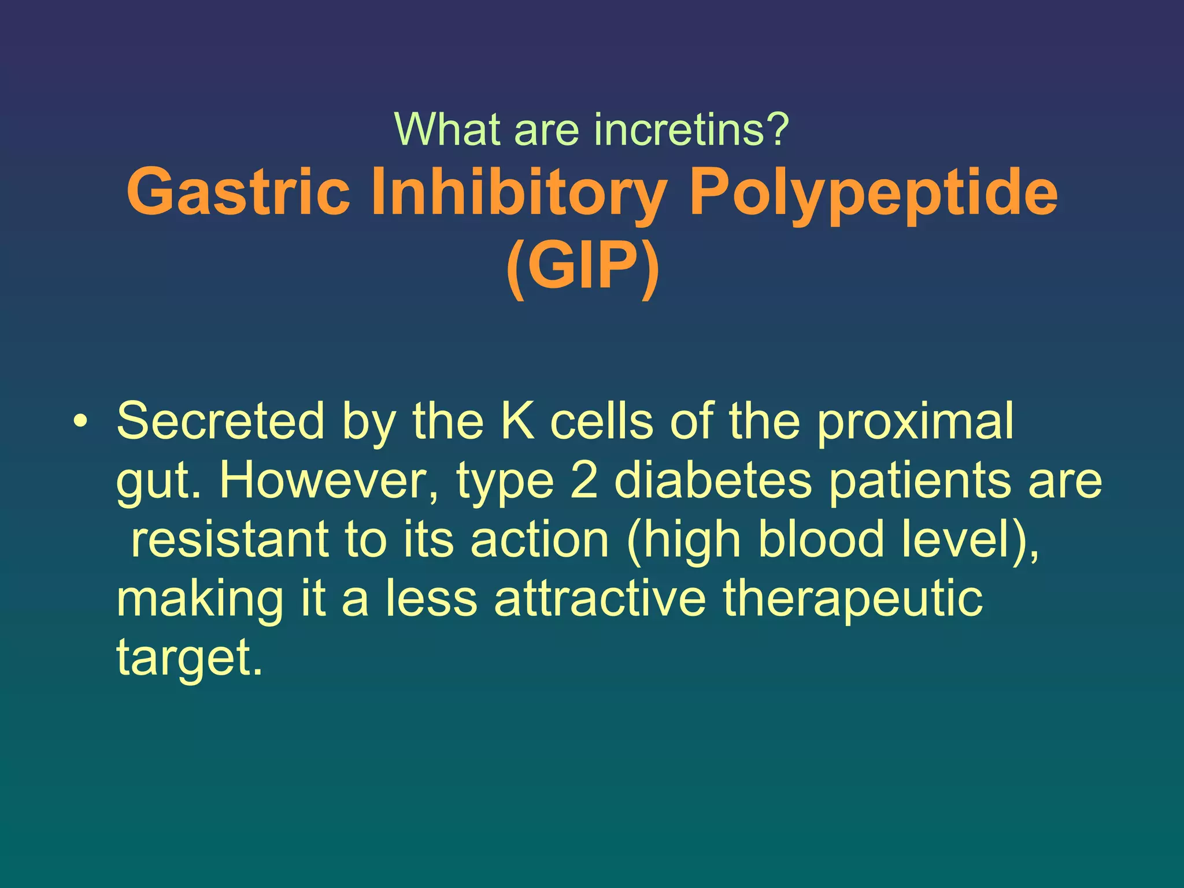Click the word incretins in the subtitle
click(x=691, y=129)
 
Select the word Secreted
click(x=220, y=421)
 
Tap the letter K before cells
click(x=517, y=421)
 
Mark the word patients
click(x=920, y=481)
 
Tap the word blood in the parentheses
click(x=821, y=539)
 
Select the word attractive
click(x=600, y=598)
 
